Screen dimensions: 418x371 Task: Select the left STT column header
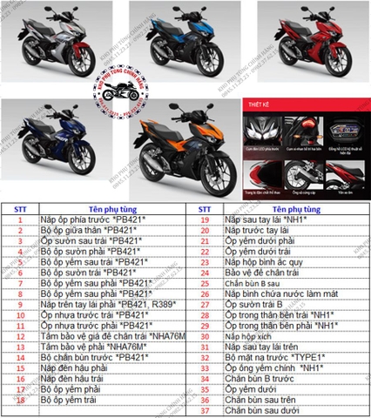19,209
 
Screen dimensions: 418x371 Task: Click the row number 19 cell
204,220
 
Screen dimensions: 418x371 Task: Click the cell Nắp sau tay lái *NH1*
265,220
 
